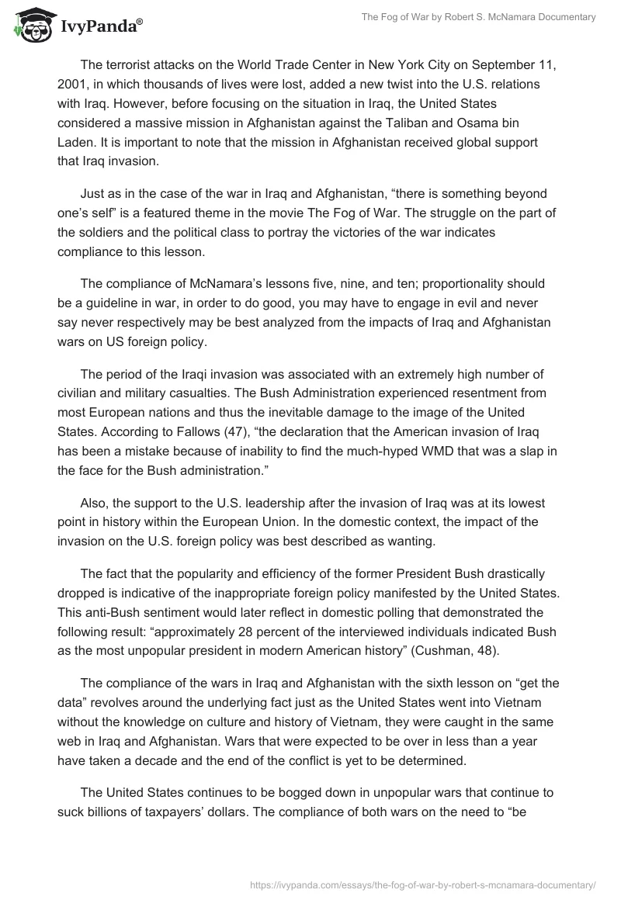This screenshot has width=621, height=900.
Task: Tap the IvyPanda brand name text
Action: pyautogui.click(x=99, y=27)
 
